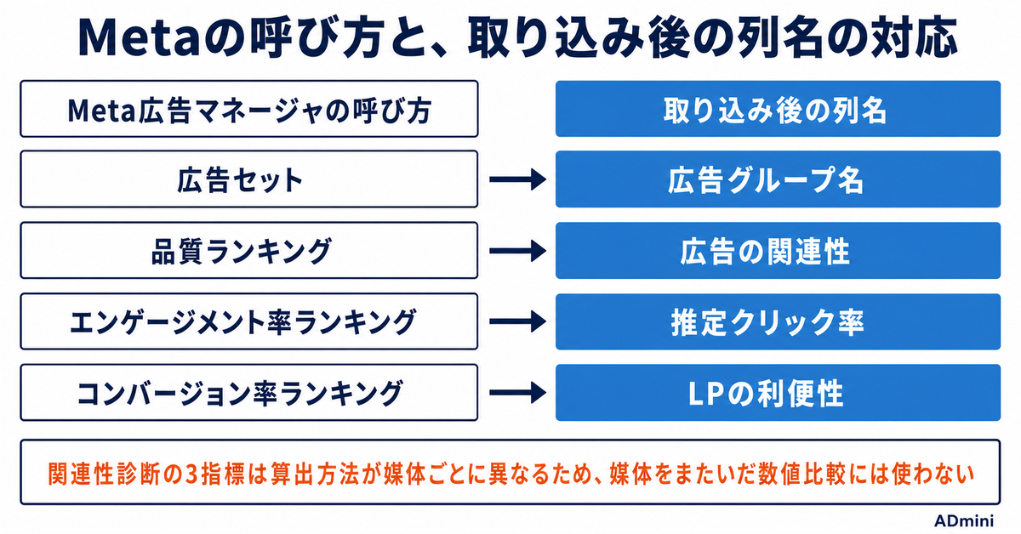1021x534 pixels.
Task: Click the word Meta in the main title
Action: point(138,38)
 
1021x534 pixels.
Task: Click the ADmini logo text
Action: point(964,520)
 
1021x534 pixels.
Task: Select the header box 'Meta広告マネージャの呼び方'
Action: point(249,109)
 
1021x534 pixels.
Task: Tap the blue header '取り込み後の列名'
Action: point(778,109)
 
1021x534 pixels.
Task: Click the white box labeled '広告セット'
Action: point(249,179)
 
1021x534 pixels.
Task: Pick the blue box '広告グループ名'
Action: point(778,179)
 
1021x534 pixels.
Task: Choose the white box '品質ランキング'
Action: point(249,250)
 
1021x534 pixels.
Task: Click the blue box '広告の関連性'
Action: point(778,250)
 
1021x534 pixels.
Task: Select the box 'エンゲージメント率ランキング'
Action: point(249,321)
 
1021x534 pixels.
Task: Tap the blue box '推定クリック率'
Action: point(778,321)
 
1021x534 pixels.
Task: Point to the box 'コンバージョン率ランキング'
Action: point(249,392)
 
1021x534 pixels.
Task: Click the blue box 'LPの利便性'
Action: point(778,392)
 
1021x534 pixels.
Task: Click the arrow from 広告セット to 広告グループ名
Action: point(518,179)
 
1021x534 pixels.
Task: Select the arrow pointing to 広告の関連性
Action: point(518,251)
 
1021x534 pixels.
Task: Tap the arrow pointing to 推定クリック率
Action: point(518,321)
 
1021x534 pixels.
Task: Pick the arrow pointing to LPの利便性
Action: point(518,393)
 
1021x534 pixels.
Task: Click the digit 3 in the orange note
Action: point(193,474)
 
